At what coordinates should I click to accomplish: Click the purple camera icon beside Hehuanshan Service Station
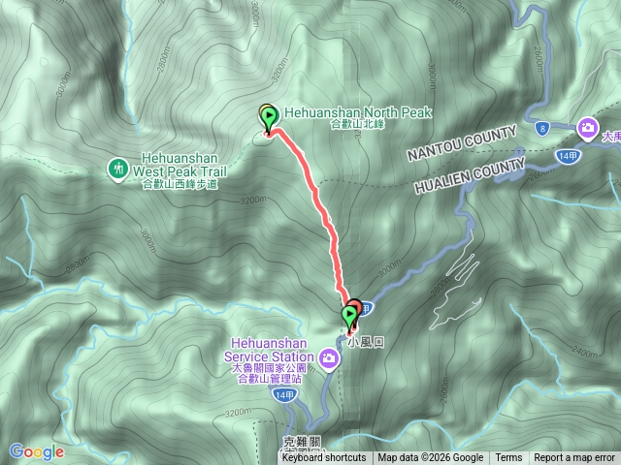(331, 360)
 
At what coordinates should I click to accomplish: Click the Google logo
(36, 451)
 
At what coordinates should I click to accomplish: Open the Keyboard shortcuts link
(324, 458)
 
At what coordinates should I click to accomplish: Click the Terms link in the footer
(508, 458)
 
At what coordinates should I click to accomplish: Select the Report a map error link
(574, 458)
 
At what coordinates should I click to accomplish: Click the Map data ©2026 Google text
(431, 458)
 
